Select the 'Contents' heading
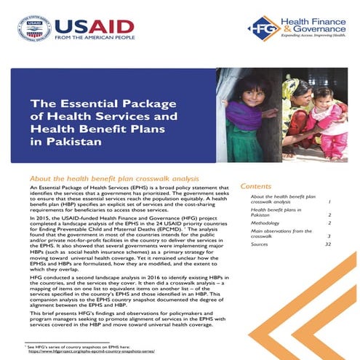click(x=255, y=186)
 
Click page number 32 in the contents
click(x=329, y=244)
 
